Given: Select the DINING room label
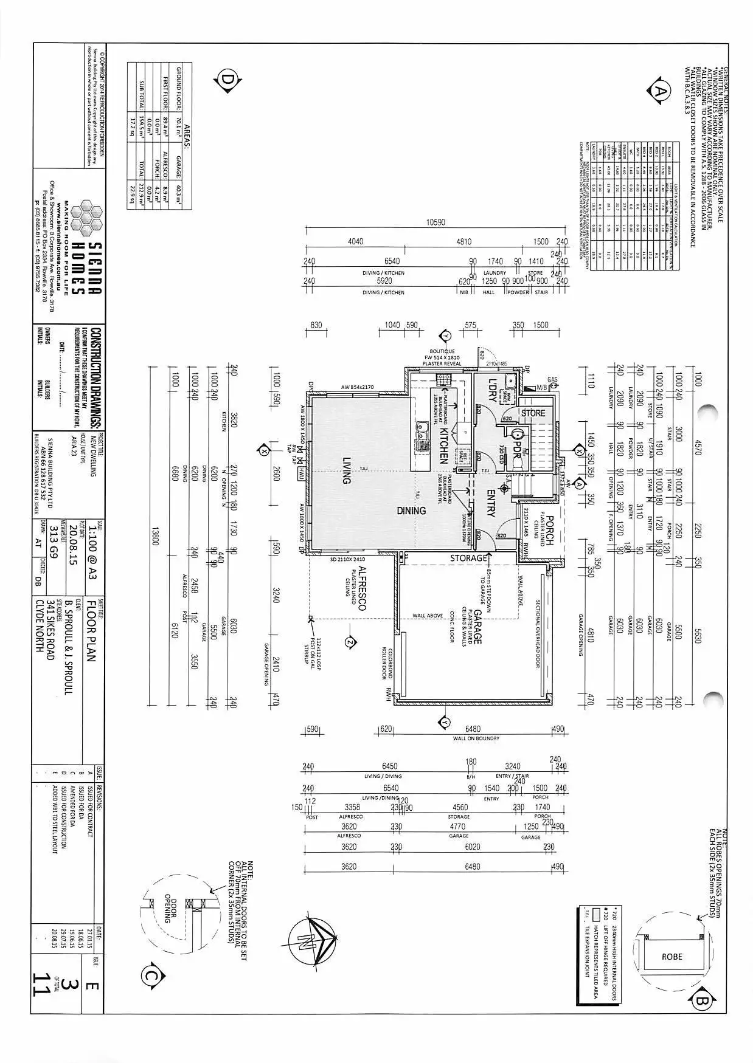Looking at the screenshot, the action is [x=411, y=511].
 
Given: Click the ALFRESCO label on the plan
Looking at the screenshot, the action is [x=363, y=588].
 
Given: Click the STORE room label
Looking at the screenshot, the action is [x=533, y=413].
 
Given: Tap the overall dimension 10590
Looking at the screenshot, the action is [x=435, y=222].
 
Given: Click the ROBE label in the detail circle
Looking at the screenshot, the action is [x=672, y=956].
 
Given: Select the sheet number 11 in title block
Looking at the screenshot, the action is [x=42, y=984].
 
